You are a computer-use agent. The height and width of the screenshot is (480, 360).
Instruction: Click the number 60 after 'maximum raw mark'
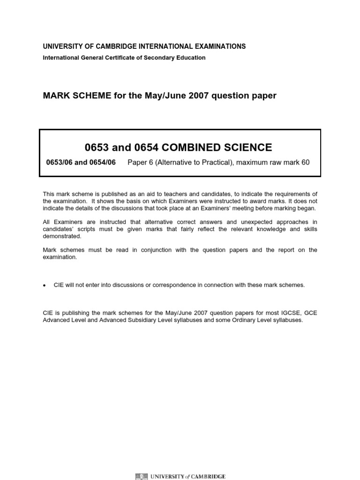coord(306,163)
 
